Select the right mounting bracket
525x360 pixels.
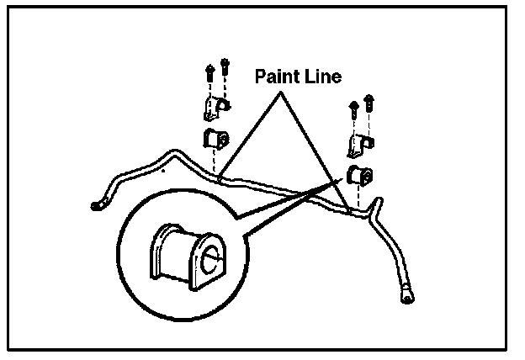click(x=357, y=143)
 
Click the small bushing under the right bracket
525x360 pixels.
click(x=359, y=176)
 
